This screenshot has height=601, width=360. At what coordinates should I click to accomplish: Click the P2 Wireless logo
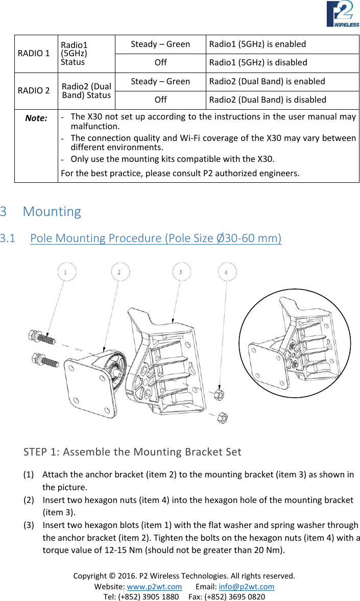[x=343, y=14]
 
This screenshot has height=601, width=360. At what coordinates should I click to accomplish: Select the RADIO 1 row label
[x=34, y=53]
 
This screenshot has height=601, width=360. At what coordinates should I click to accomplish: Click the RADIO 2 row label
[x=34, y=90]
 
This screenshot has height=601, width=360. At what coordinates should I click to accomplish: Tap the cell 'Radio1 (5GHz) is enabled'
[x=258, y=44]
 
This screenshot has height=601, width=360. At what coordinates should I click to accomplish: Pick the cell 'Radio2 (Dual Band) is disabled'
[x=268, y=100]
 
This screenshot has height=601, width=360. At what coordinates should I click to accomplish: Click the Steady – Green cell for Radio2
[x=160, y=81]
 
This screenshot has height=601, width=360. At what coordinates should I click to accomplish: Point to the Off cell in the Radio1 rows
[x=160, y=62]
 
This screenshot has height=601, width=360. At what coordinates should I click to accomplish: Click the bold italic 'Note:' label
[x=36, y=118]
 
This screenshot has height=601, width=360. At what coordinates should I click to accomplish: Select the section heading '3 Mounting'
[x=41, y=211]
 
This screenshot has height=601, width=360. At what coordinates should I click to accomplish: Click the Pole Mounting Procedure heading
[x=156, y=238]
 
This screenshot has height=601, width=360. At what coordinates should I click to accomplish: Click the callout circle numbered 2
[x=120, y=272]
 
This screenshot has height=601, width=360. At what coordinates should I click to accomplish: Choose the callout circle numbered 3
[x=181, y=272]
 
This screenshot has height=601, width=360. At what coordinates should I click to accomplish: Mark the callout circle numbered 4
[x=227, y=272]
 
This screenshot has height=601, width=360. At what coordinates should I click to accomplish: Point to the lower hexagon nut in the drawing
[x=222, y=417]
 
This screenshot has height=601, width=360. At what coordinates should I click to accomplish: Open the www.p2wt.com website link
[x=154, y=586]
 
